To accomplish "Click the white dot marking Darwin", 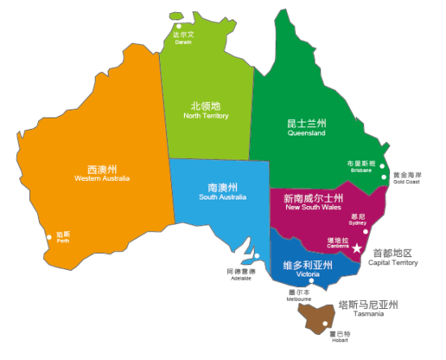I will [178, 14].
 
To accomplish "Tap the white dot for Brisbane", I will [382, 166].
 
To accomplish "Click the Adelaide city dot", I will [255, 260].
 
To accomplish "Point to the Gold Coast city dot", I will [388, 175].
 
